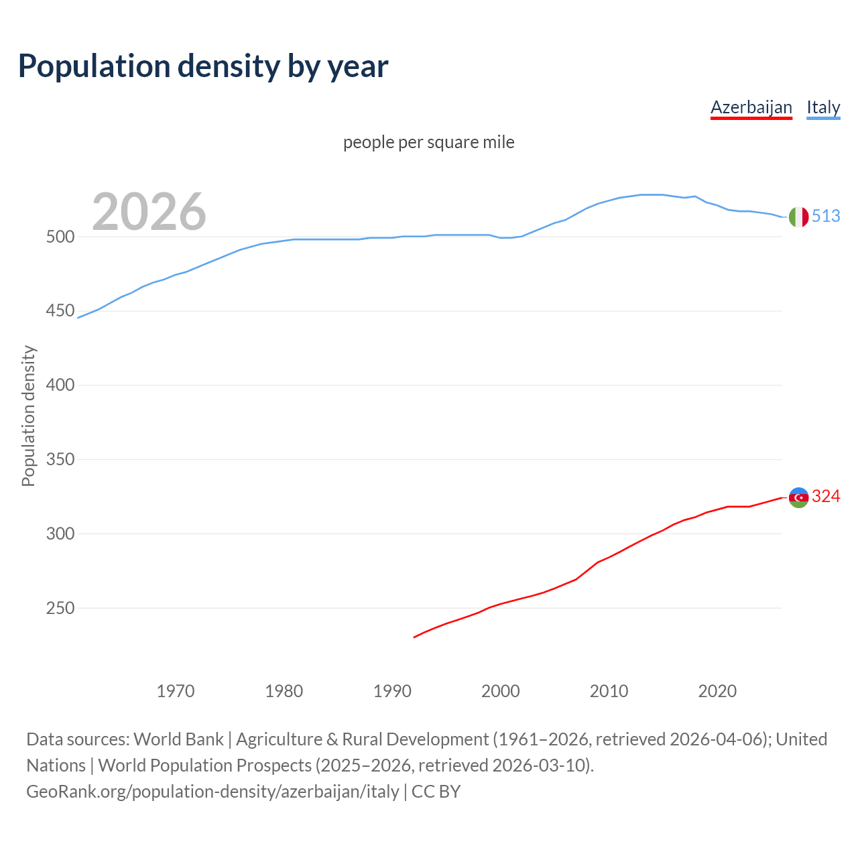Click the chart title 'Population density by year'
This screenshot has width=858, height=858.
203,66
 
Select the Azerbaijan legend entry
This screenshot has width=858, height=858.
751,107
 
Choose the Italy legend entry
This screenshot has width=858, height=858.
823,107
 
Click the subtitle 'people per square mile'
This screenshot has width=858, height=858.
429,142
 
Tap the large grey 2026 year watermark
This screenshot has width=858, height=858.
149,212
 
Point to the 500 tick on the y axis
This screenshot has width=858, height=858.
60,237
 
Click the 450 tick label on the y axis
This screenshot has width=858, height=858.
60,311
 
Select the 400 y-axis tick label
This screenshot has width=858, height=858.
60,385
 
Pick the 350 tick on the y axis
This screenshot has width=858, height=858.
60,460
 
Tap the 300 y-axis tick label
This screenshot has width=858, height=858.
60,534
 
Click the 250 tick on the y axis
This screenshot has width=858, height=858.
60,609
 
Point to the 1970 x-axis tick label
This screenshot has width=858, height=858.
176,691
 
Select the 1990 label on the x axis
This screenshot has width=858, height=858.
392,691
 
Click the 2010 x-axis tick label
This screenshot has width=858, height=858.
609,691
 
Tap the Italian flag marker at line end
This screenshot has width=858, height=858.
798,217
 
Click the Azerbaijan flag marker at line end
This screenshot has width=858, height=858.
798,497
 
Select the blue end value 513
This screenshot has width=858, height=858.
826,216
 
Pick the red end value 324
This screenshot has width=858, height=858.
826,496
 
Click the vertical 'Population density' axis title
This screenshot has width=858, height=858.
28,416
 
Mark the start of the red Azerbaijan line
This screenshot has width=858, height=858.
414,637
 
